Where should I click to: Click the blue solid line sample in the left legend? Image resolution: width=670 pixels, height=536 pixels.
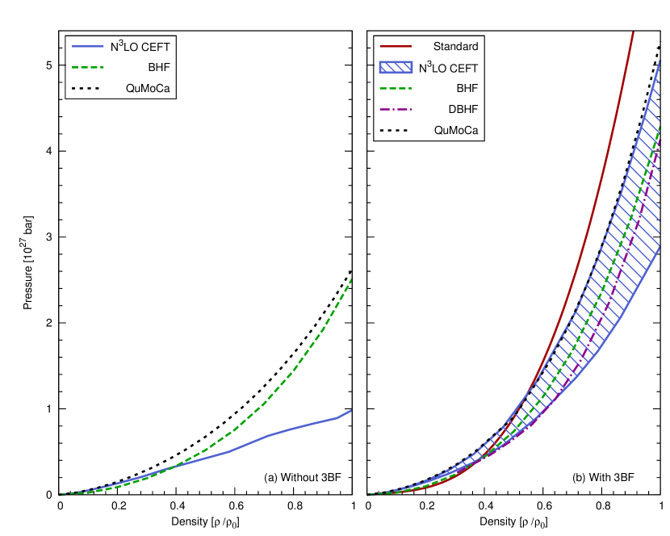point(88,46)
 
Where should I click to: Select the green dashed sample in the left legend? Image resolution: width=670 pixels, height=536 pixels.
point(88,67)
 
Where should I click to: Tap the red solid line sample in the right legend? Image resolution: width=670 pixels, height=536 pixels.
point(396,46)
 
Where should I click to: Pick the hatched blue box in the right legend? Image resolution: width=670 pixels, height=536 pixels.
point(396,67)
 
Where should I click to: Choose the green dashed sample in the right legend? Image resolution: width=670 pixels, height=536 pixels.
point(396,88)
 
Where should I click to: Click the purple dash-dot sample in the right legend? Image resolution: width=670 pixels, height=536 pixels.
point(396,109)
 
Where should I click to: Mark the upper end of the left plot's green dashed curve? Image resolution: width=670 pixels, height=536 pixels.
point(352,279)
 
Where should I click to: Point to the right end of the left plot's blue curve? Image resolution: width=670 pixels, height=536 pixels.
point(351,410)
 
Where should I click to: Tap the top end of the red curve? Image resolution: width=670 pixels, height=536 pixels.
point(633,32)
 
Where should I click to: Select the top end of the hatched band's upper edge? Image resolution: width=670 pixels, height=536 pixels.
point(660,61)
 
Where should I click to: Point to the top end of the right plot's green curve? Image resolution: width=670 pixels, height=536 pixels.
point(660,127)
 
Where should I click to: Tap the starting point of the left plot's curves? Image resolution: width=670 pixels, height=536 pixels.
point(59,495)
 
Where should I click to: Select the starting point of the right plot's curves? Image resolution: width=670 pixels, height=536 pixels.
point(367,495)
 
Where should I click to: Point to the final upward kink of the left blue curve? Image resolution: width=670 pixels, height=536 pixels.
point(337,418)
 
